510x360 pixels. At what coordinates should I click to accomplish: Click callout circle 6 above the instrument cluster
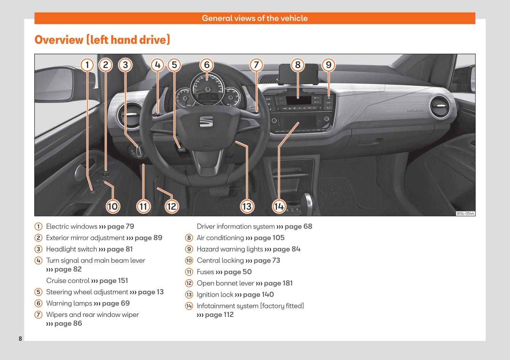pyautogui.click(x=206, y=65)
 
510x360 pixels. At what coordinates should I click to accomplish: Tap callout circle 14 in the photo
pyautogui.click(x=279, y=206)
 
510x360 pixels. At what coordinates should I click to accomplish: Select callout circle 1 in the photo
pyautogui.click(x=87, y=65)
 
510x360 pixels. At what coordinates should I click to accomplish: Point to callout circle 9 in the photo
pyautogui.click(x=329, y=65)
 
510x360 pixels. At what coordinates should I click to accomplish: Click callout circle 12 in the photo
pyautogui.click(x=172, y=206)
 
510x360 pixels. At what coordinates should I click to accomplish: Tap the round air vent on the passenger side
pyautogui.click(x=440, y=106)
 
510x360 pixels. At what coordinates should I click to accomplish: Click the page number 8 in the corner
pyautogui.click(x=21, y=339)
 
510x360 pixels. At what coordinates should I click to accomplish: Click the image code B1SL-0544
pyautogui.click(x=465, y=214)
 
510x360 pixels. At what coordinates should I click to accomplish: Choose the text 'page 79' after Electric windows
pyautogui.click(x=121, y=227)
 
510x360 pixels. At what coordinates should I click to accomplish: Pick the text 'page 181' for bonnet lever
pyautogui.click(x=278, y=283)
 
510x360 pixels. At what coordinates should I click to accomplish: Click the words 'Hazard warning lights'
pyautogui.click(x=230, y=249)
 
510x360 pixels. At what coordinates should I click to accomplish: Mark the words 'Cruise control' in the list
pyautogui.click(x=68, y=281)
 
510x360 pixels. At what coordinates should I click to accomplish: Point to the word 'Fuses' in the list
pyautogui.click(x=205, y=272)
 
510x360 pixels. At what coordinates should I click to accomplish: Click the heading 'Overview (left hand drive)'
pyautogui.click(x=102, y=40)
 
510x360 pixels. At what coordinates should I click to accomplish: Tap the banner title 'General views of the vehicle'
pyautogui.click(x=255, y=18)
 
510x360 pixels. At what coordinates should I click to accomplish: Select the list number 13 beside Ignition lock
pyautogui.click(x=189, y=295)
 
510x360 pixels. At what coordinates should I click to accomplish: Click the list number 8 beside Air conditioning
pyautogui.click(x=189, y=238)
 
